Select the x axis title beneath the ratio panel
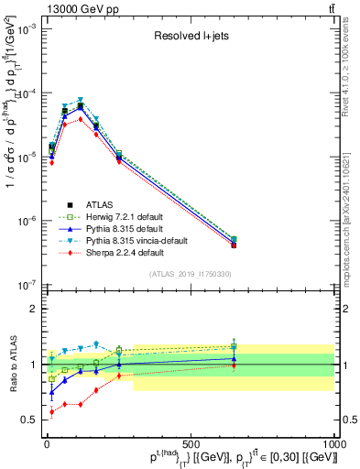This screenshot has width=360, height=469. (229, 457)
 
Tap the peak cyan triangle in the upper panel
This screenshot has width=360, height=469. (81, 100)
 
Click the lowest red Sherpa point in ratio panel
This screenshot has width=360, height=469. (51, 412)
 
